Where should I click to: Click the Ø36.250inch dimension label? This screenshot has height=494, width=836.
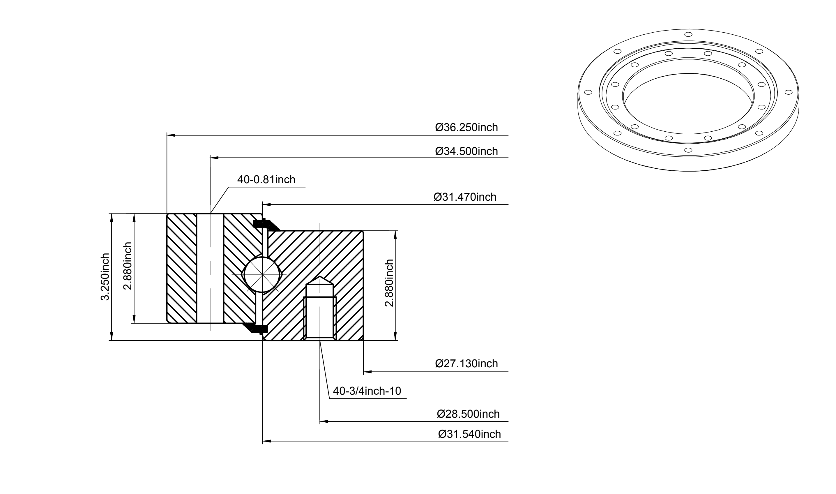point(466,128)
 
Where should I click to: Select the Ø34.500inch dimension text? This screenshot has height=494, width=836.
point(466,151)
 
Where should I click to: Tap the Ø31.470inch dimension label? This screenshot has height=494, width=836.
point(465,197)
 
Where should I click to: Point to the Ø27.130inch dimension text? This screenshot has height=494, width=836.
point(466,364)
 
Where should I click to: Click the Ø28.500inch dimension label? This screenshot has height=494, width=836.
point(468,414)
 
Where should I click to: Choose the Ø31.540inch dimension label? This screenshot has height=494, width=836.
point(469,434)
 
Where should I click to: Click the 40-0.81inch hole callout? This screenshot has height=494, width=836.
point(266,180)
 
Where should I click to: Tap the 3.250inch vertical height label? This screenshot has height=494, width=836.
point(105,277)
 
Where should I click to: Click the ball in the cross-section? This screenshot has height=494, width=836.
point(263,274)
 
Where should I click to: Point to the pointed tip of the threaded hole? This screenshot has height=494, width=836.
point(320,276)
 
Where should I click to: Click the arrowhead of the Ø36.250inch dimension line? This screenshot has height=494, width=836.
point(171,135)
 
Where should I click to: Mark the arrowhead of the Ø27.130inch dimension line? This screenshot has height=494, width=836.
point(367,371)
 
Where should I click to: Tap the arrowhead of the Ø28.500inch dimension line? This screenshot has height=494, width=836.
point(324,421)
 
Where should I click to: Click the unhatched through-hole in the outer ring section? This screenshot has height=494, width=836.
point(210,268)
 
